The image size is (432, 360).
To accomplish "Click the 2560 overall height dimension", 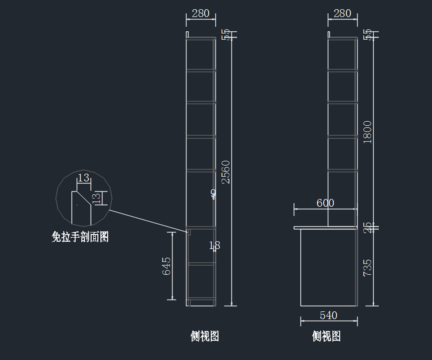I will [x=226, y=172].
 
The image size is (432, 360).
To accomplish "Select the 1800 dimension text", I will [x=368, y=132].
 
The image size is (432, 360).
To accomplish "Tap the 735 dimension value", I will [x=368, y=267].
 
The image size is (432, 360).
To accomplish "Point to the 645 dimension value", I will [x=166, y=266].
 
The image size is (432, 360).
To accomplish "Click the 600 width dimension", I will [x=325, y=203].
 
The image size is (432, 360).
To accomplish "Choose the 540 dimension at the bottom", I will [x=328, y=316].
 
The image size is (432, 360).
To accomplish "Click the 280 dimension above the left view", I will [x=201, y=14].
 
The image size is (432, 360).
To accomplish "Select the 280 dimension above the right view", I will [x=342, y=14].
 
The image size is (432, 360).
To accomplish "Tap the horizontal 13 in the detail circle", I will [x=83, y=178].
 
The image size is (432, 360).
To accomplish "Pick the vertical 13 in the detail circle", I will [x=97, y=198].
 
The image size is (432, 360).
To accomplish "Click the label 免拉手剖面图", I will [x=80, y=237].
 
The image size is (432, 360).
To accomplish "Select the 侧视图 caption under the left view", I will [x=204, y=336].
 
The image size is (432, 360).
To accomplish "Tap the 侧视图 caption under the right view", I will [x=326, y=336].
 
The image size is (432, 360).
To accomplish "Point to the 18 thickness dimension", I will [x=215, y=246].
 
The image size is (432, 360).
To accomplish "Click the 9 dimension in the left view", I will [x=213, y=193].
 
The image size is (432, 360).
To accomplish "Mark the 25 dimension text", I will [x=368, y=228].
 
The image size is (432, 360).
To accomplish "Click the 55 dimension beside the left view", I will [x=226, y=35].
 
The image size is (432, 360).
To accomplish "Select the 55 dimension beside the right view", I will [x=368, y=35].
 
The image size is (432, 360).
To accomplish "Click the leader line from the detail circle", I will [x=148, y=220].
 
